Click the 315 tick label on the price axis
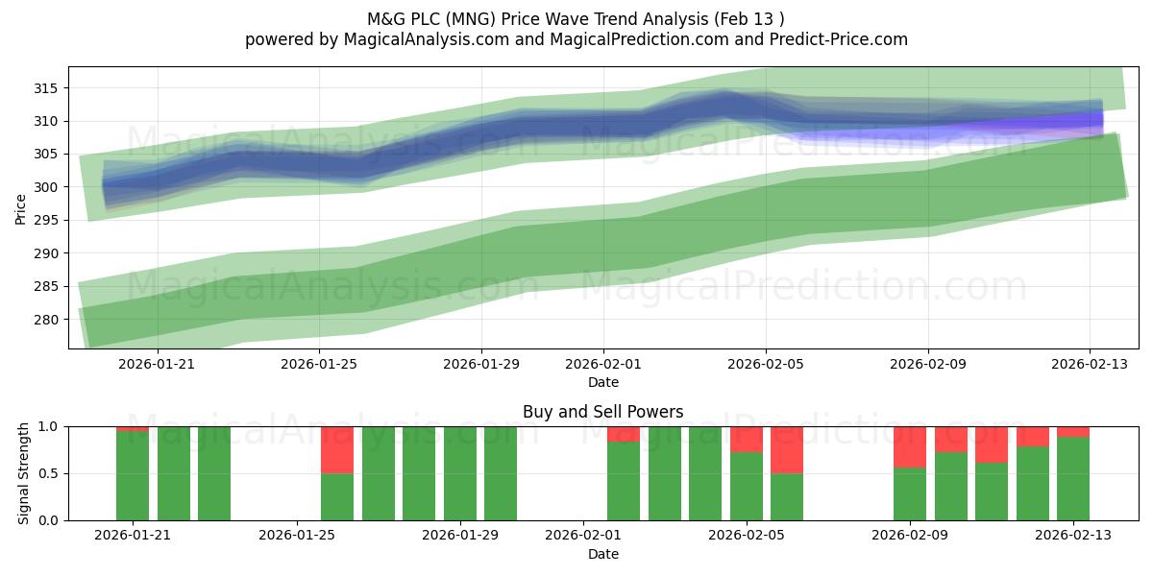point(45,88)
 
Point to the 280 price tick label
point(45,320)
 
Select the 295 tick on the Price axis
point(45,220)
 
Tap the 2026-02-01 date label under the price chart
point(603,364)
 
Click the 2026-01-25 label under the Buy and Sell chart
point(297,536)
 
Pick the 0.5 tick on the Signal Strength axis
point(48,473)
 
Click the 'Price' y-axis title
point(20,209)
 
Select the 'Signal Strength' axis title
point(23,473)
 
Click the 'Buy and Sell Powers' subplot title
point(603,412)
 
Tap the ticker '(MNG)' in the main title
point(471,19)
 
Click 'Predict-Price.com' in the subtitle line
point(839,39)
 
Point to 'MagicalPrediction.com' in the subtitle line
point(639,39)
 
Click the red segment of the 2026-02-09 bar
point(910,447)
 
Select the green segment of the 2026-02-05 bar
point(747,486)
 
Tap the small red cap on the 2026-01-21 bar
point(133,429)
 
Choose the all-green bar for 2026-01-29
point(459,473)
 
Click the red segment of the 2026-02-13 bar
point(1073,432)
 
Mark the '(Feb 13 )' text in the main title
point(748,19)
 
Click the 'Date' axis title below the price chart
point(603,383)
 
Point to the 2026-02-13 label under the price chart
point(1090,364)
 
